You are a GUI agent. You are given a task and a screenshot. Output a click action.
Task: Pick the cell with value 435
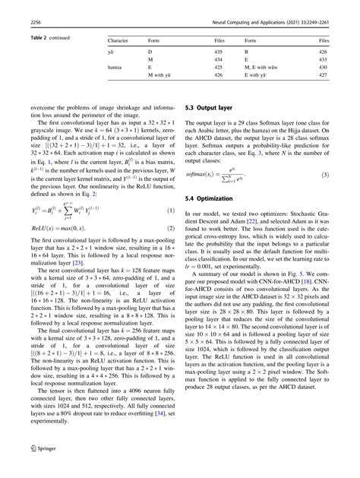[x=216, y=52]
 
